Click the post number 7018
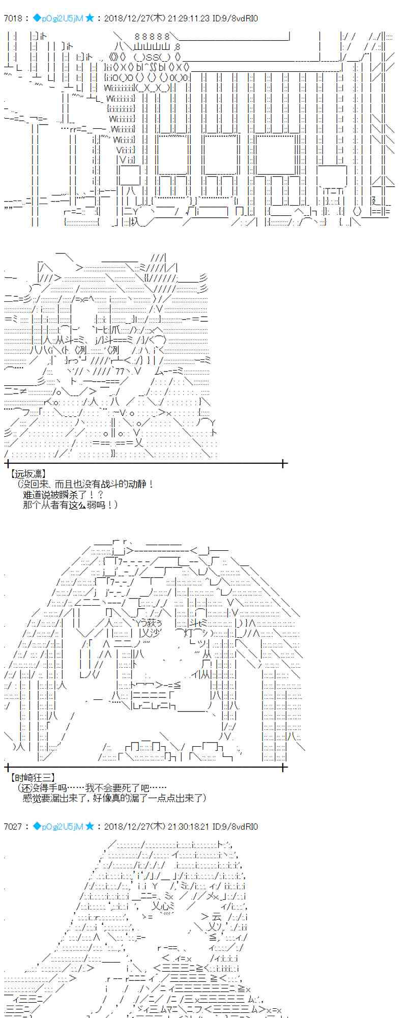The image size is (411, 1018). point(13,18)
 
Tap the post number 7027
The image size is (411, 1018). point(13,827)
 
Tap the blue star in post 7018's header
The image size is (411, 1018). point(90,18)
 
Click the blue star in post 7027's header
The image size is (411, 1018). point(90,827)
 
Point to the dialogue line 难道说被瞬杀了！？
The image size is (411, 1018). point(64,494)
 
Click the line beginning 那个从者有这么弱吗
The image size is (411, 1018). point(70,504)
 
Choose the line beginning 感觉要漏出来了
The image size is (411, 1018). point(114,798)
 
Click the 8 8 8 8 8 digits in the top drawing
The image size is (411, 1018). point(152,37)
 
